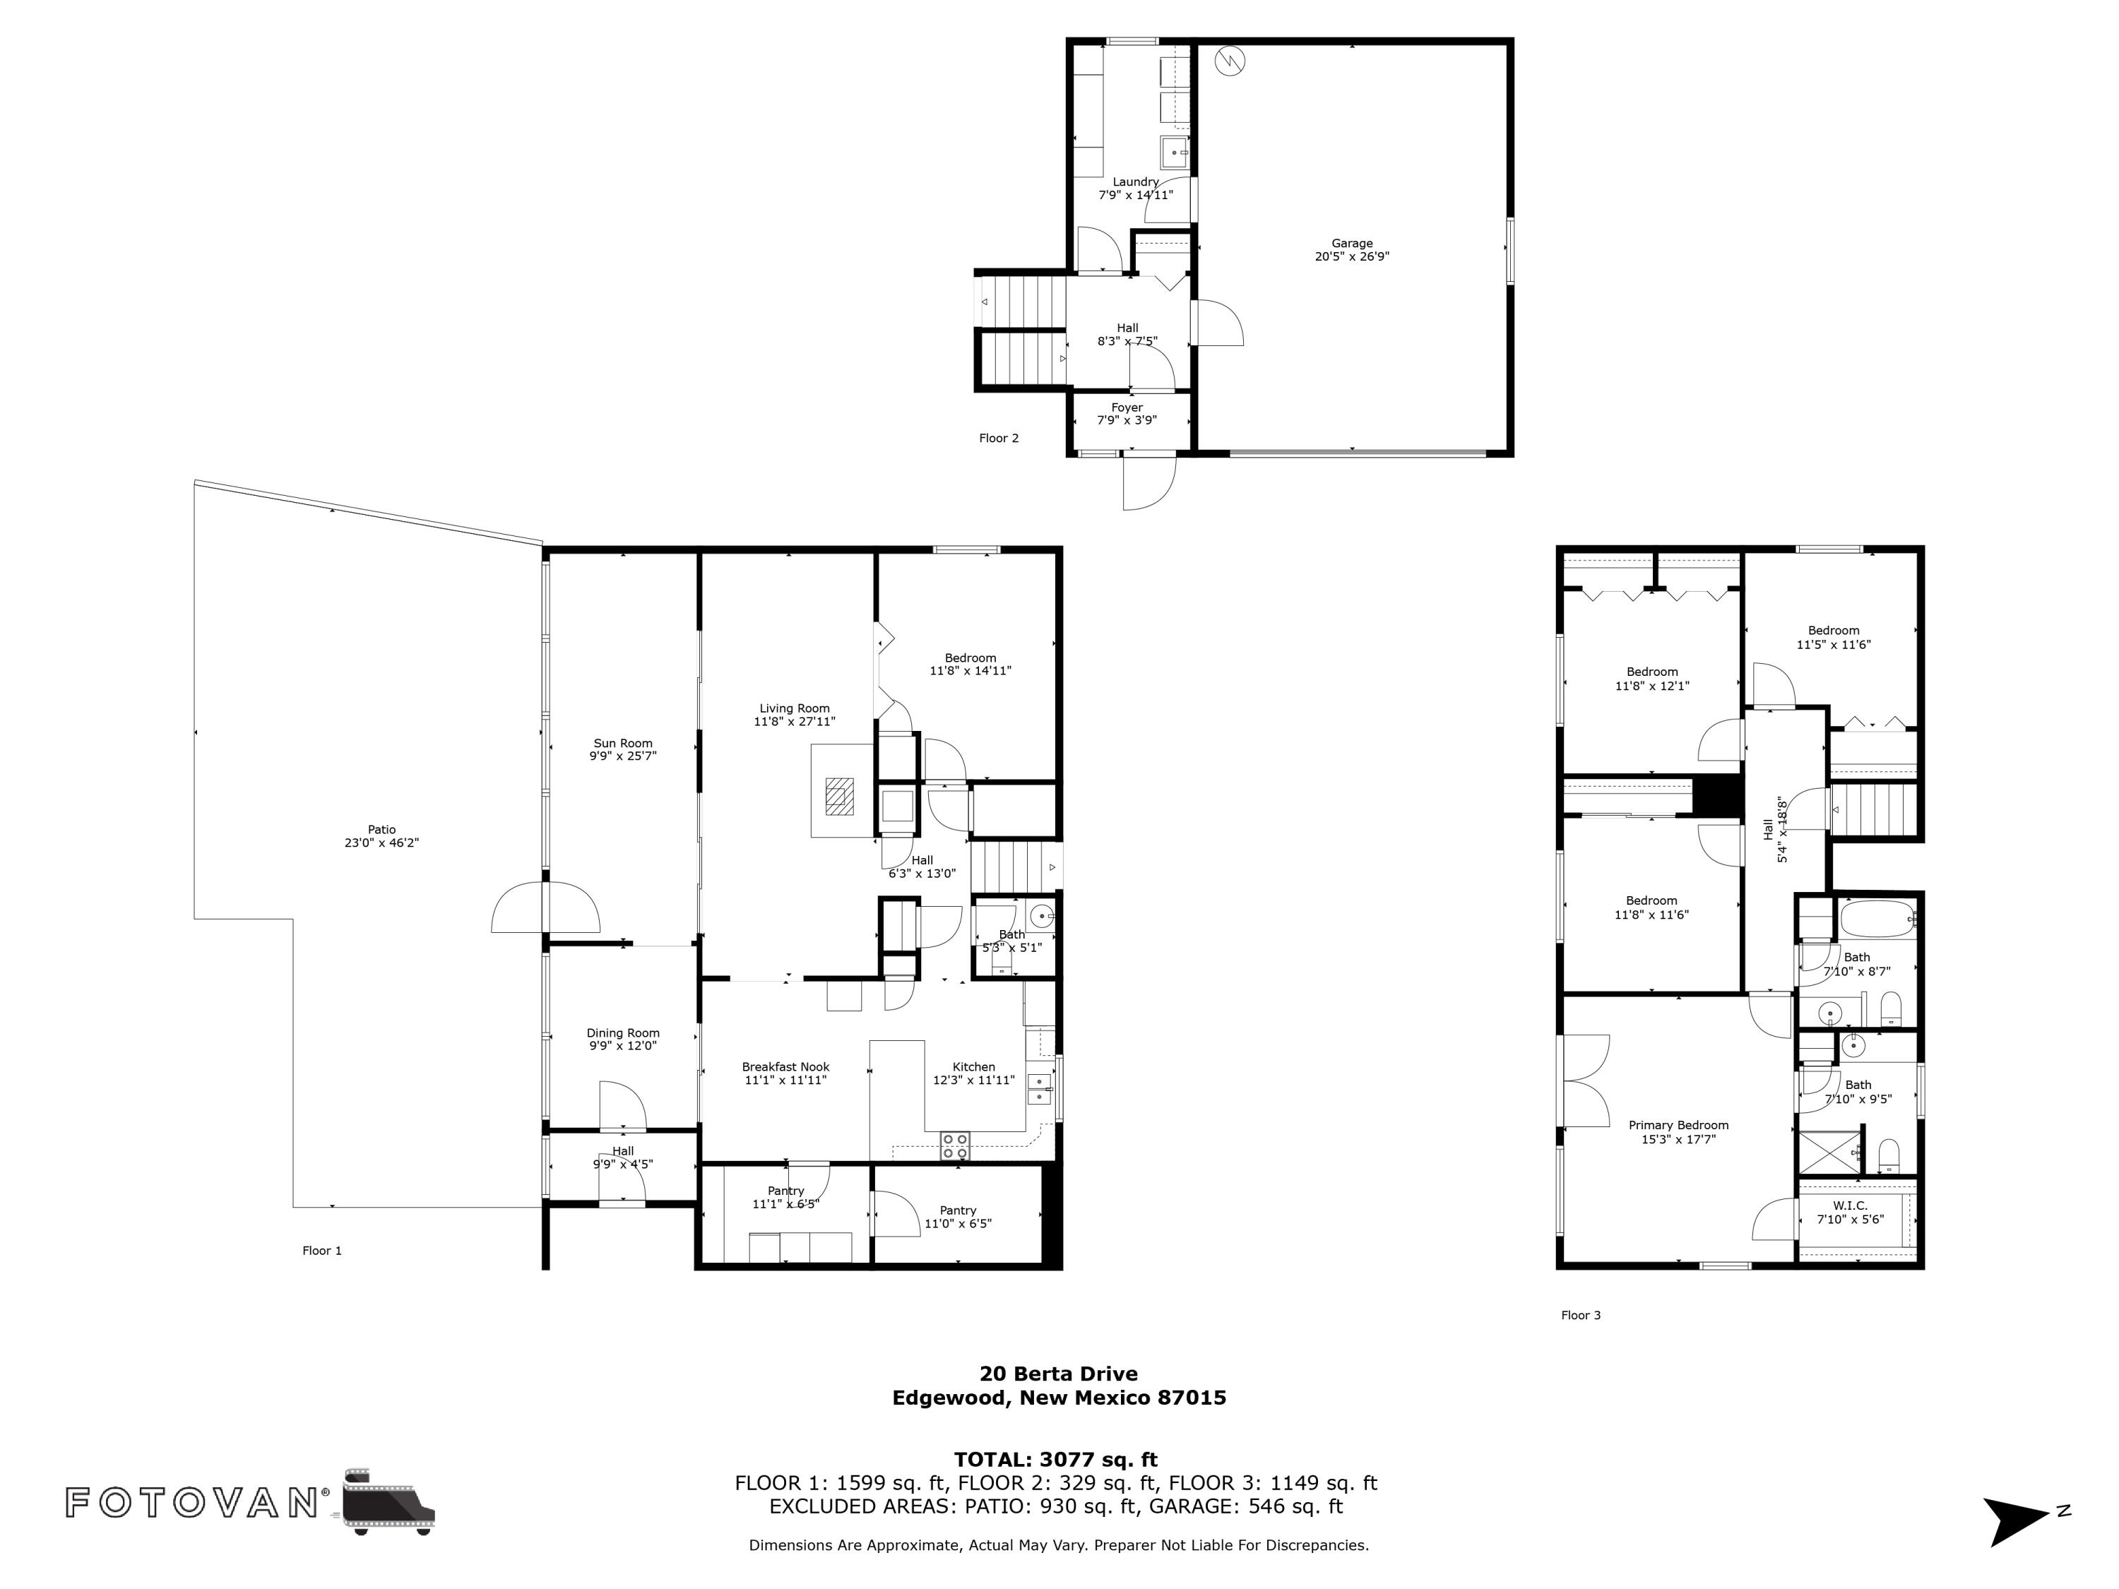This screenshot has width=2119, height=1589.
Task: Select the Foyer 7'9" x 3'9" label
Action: [x=1127, y=414]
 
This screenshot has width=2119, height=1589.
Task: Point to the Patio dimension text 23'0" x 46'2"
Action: [x=381, y=843]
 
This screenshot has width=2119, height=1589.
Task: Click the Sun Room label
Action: [x=623, y=743]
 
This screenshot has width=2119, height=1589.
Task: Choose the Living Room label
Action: [x=794, y=709]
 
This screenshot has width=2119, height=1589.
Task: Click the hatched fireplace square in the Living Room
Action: [x=840, y=796]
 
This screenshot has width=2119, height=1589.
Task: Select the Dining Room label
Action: [x=623, y=1032]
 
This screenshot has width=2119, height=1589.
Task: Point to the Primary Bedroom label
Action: [x=1678, y=1126]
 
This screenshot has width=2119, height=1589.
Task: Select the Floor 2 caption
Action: [x=998, y=439]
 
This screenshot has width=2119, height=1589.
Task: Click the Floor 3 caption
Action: [x=1581, y=1315]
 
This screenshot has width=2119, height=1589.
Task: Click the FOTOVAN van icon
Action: [x=387, y=1501]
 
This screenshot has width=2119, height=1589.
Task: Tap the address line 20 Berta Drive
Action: [x=1059, y=1374]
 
